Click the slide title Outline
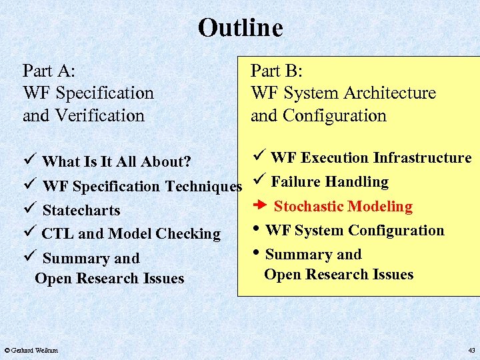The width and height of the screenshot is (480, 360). (240, 28)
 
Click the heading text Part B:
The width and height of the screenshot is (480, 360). (277, 71)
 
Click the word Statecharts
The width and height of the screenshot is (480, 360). (81, 211)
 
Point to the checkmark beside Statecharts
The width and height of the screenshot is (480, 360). (27, 210)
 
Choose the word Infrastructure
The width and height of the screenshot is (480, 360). (422, 158)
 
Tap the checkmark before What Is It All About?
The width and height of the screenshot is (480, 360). (27, 161)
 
